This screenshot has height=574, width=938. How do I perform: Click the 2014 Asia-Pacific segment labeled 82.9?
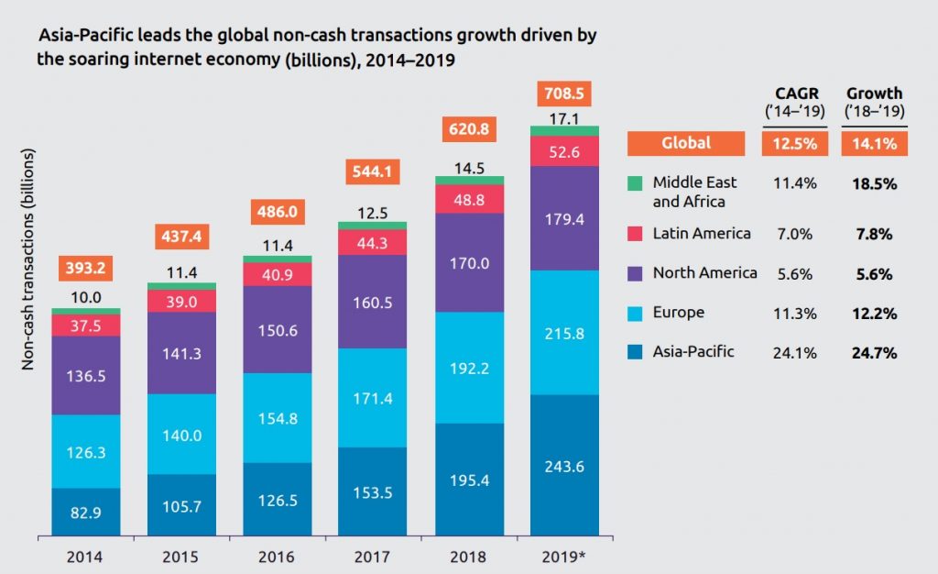86,512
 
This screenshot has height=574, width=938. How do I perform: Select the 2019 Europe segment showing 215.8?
564,332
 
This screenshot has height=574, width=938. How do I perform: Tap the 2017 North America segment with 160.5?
373,302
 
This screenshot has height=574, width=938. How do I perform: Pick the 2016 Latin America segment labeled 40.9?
277,274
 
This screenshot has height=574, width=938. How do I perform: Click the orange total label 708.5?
564,94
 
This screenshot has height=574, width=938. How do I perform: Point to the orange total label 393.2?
86,270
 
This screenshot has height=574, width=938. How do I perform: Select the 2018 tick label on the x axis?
468,556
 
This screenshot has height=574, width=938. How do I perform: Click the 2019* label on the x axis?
564,556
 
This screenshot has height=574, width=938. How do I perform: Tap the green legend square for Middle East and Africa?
636,183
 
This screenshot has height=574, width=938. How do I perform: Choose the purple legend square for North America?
636,273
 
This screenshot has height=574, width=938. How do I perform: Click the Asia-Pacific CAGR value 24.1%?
794,352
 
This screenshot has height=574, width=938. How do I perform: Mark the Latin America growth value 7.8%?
874,235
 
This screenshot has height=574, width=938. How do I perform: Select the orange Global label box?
686,143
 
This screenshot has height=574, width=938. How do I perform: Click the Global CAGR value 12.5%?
794,143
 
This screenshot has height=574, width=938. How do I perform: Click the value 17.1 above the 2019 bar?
564,118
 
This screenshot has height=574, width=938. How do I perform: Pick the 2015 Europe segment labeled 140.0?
181,436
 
